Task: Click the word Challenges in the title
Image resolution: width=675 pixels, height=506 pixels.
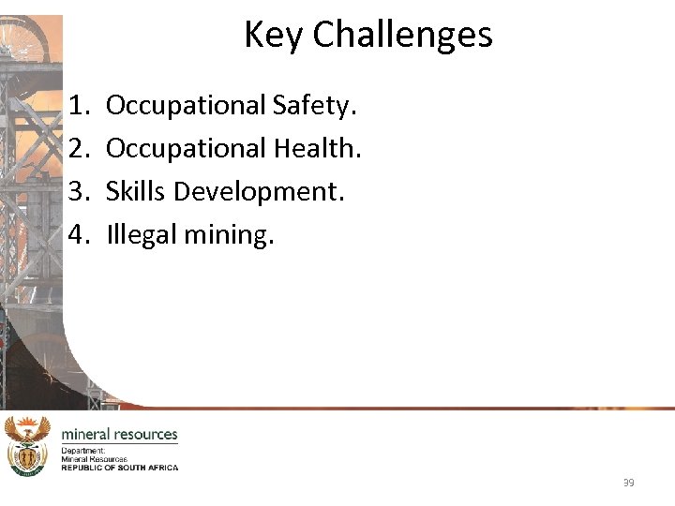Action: [402, 36]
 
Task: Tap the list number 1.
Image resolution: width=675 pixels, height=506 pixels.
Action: [79, 106]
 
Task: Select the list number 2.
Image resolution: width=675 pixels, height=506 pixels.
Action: [79, 148]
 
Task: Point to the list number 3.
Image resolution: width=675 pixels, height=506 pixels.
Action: [79, 191]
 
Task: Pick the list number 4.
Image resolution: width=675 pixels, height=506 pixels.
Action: [79, 233]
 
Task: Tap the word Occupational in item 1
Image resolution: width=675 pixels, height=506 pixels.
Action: [186, 106]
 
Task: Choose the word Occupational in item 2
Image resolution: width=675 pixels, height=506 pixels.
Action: [186, 148]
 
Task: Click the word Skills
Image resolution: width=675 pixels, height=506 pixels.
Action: [136, 191]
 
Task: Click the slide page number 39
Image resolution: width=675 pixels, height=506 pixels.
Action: [628, 483]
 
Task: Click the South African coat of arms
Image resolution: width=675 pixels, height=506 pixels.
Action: [27, 446]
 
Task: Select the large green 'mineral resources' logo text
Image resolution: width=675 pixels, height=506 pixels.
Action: [119, 435]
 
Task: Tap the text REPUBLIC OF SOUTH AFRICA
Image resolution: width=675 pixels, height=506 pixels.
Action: [119, 467]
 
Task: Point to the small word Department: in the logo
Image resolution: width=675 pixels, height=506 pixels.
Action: [82, 451]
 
